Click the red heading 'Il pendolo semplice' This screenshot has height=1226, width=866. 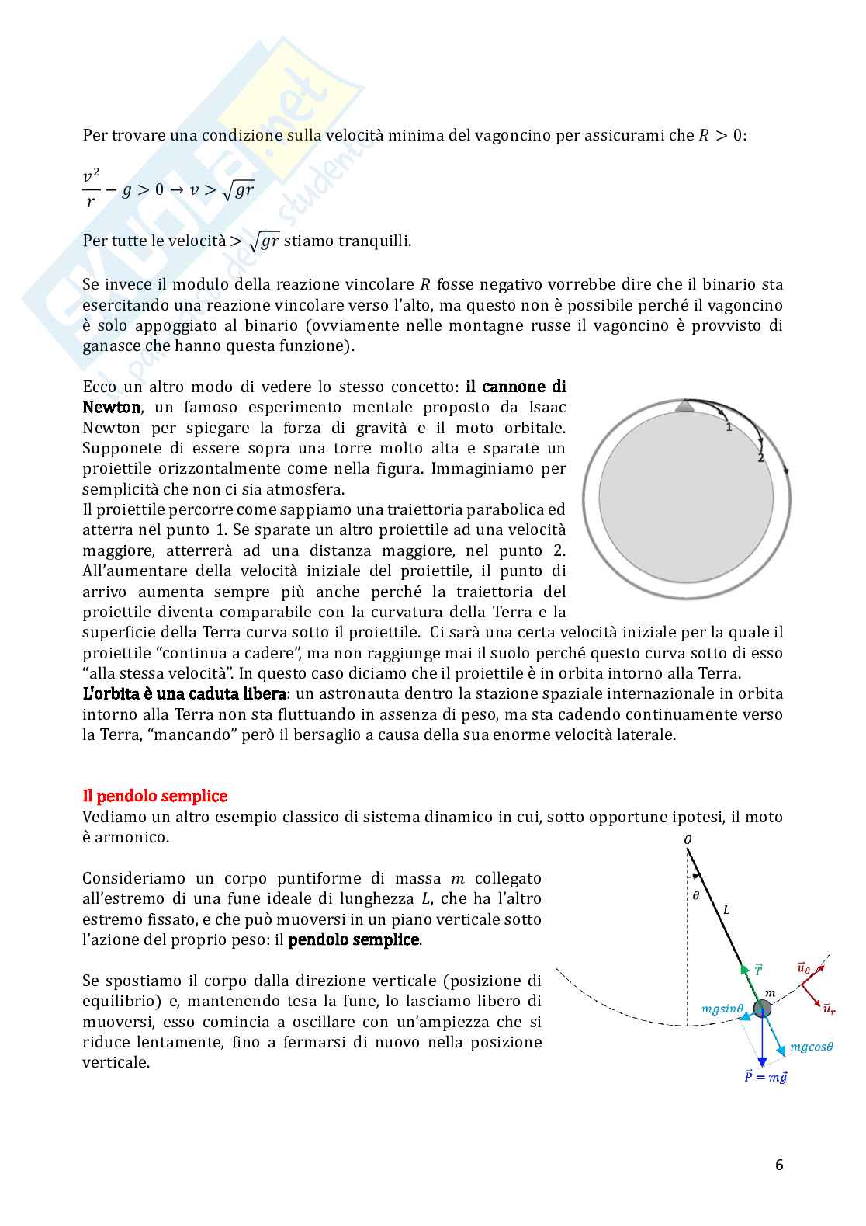point(154,796)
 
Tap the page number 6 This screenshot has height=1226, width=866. point(778,1165)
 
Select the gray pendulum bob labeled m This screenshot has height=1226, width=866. point(763,1009)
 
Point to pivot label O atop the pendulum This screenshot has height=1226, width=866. point(688,840)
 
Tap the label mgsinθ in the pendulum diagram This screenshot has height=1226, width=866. point(722,1009)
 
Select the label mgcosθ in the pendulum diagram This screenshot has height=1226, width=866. point(811,1047)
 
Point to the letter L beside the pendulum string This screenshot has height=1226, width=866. point(726,909)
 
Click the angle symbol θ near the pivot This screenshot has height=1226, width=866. point(695,895)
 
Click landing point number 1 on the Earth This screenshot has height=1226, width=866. point(729,427)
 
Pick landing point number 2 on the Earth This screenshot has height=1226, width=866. point(760,458)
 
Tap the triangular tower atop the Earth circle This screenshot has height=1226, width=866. point(684,407)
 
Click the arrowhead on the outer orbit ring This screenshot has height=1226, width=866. point(787,470)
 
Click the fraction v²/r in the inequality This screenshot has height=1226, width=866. point(92,189)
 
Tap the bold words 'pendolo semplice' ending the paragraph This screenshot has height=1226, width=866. point(354,939)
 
